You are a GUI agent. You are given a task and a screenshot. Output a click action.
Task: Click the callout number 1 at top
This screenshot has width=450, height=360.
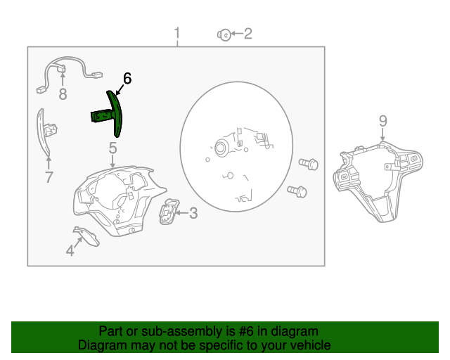pyautogui.click(x=177, y=33)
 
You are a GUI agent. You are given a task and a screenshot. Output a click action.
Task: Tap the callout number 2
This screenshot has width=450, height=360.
pyautogui.click(x=247, y=33)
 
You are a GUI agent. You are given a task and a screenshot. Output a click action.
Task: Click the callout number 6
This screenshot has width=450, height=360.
pyautogui.click(x=127, y=77)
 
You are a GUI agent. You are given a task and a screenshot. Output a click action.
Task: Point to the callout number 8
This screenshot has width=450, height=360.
pyautogui.click(x=63, y=94)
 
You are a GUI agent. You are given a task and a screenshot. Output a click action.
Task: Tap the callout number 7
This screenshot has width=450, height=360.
pyautogui.click(x=49, y=177)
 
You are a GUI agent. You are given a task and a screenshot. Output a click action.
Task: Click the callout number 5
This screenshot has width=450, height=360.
pyautogui.click(x=112, y=148)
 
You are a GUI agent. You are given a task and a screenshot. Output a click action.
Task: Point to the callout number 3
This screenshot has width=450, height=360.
pyautogui.click(x=193, y=212)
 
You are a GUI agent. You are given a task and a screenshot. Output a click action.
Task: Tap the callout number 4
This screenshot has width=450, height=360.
pyautogui.click(x=70, y=250)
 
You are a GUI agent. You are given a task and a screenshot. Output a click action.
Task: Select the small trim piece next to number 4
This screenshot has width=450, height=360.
pyautogui.click(x=87, y=236)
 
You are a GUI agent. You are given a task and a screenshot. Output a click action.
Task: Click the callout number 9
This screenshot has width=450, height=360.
pyautogui.click(x=382, y=121)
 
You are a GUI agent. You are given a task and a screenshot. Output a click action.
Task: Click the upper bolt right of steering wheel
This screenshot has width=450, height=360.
pyautogui.click(x=308, y=163)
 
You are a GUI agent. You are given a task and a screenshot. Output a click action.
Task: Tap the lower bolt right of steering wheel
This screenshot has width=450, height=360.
pyautogui.click(x=297, y=190)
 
